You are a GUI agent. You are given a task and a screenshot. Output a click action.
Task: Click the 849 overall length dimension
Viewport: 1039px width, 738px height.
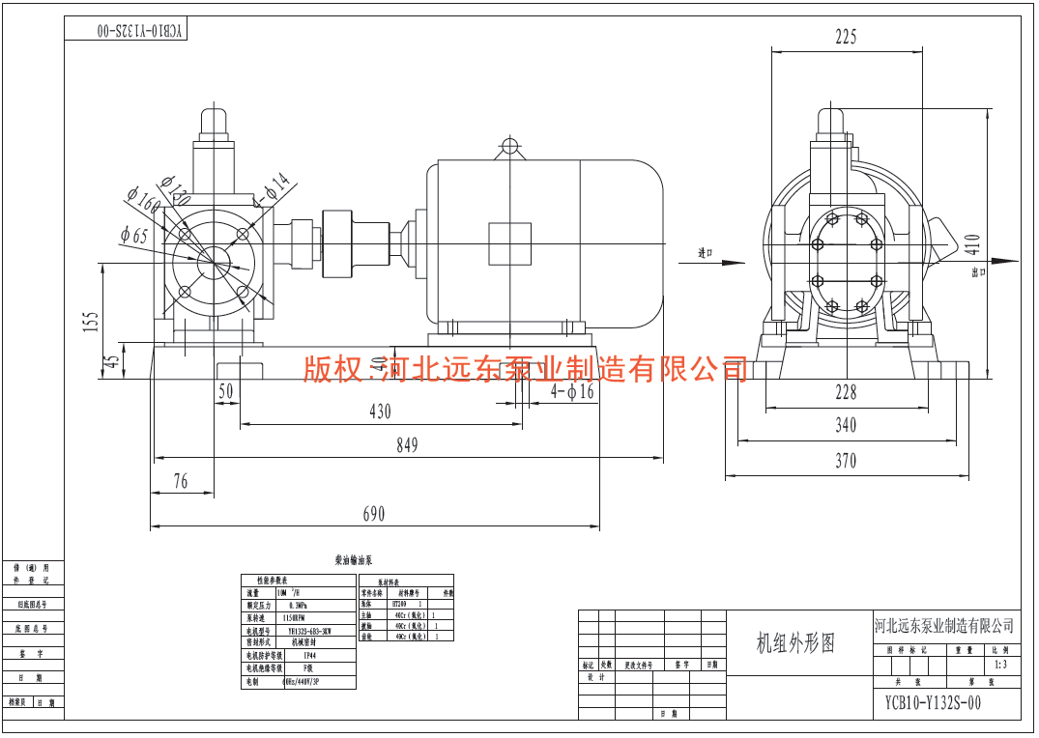(x=407, y=445)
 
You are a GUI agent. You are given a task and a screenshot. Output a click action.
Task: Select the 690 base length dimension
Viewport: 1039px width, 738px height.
(x=373, y=514)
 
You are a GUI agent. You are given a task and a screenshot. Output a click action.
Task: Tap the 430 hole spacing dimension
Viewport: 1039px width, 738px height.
(x=380, y=412)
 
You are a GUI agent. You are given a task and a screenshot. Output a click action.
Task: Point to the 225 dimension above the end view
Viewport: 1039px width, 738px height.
(x=846, y=38)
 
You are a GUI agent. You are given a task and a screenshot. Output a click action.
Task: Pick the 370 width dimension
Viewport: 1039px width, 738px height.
(x=846, y=462)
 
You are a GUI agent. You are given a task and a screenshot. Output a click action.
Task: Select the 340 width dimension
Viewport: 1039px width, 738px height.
(x=846, y=426)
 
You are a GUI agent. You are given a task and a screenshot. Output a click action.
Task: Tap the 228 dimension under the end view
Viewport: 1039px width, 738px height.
(x=846, y=391)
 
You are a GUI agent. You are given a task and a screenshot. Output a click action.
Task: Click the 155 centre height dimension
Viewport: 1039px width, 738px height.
(x=90, y=321)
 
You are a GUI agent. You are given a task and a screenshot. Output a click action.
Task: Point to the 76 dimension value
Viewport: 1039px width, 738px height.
(x=181, y=480)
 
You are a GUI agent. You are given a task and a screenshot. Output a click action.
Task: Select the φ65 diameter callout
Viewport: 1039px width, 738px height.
(x=134, y=235)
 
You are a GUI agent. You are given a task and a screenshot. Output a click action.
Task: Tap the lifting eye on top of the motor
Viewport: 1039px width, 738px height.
(x=509, y=148)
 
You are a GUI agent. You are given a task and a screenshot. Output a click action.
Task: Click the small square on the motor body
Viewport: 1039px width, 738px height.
(x=509, y=243)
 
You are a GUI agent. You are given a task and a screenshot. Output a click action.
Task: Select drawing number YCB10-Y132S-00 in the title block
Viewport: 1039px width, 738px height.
(x=933, y=703)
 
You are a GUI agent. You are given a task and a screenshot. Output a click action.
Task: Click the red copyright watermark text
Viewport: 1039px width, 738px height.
(x=525, y=368)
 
